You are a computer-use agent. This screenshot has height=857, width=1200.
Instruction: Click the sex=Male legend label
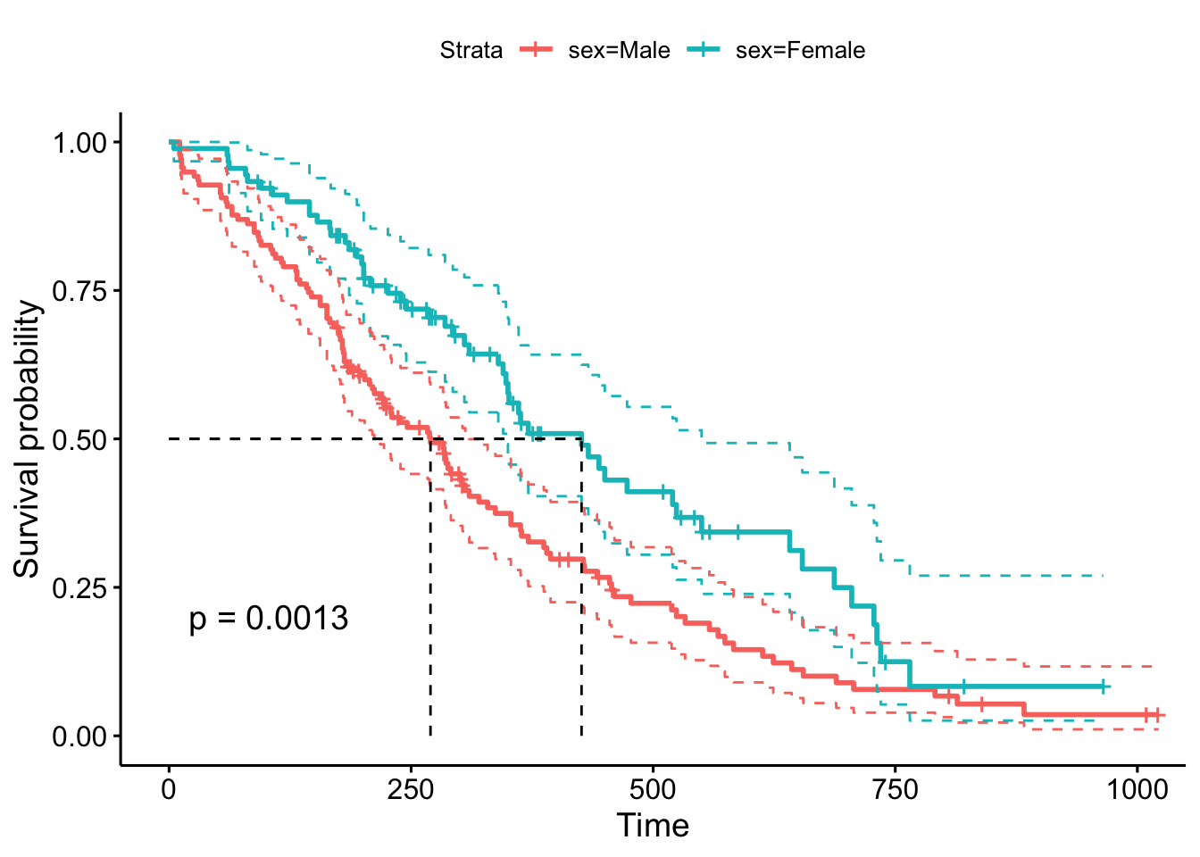coord(619,51)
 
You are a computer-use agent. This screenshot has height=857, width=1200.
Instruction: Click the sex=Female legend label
coord(800,51)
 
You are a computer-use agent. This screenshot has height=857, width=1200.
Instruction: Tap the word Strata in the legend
coord(471,51)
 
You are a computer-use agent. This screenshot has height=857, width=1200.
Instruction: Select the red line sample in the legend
coord(537,51)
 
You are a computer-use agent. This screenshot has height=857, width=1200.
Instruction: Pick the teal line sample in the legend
coord(704,51)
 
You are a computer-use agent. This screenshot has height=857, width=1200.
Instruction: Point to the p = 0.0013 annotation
coord(268,618)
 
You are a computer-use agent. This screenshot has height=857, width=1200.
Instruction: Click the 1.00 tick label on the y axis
coord(79,143)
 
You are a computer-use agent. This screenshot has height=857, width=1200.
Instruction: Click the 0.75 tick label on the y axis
coord(79,291)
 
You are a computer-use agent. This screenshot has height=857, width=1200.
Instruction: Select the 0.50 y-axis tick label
coord(79,439)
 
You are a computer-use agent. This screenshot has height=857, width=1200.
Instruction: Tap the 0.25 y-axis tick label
coord(79,587)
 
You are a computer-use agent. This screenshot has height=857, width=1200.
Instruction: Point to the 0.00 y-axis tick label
coord(79,736)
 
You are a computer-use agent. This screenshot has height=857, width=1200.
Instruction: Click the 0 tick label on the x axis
coord(169,790)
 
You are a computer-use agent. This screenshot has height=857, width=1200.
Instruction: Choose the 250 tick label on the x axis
coord(411,790)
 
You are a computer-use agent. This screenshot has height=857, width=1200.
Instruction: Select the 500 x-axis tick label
coord(653,790)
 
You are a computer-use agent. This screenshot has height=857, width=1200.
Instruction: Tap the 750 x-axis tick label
coord(895,790)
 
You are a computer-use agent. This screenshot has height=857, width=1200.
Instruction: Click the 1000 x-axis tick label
coord(1137,790)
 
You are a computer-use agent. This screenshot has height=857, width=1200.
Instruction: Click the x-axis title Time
coord(653,826)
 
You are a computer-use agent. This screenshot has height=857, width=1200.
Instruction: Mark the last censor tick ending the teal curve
coord(1104,686)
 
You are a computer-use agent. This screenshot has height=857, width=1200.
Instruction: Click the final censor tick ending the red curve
coord(1158,715)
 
